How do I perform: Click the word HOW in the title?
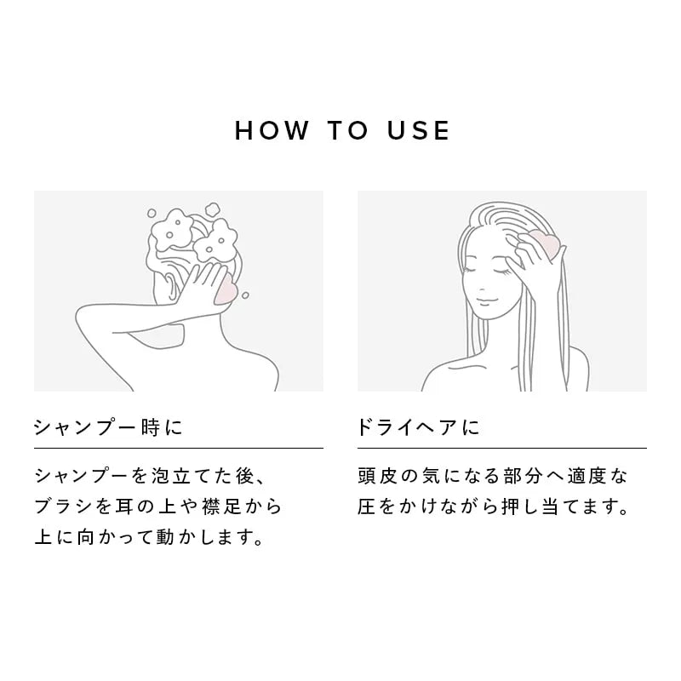(x=272, y=130)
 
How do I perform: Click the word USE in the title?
(x=418, y=130)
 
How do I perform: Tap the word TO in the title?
(x=348, y=130)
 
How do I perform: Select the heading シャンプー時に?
(x=108, y=427)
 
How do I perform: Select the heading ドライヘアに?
(x=418, y=427)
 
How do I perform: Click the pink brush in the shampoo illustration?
(x=226, y=291)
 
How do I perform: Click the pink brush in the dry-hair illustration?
(x=544, y=243)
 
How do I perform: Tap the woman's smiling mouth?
(x=485, y=300)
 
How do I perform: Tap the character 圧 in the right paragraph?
(x=367, y=506)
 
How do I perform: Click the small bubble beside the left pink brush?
(x=245, y=295)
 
